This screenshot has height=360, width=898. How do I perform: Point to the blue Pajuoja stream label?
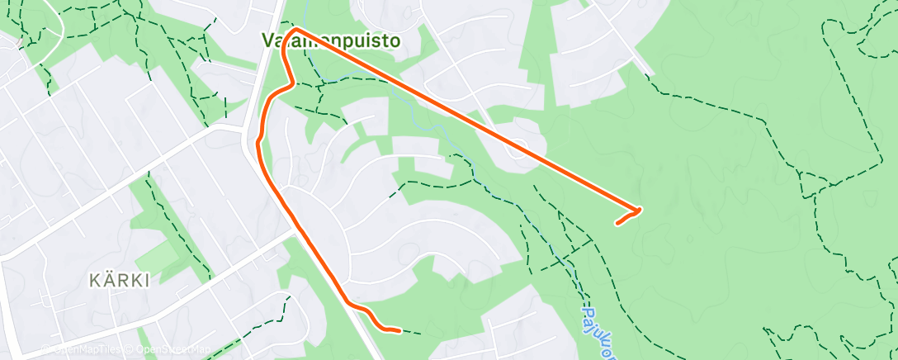pos(591,326)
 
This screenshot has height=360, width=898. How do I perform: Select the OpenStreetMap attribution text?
pos(169,349)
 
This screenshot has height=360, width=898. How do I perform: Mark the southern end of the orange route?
pos(399,331)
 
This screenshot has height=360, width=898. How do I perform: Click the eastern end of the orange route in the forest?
pos(617,223)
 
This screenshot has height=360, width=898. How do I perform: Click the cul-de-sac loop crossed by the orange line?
pos(518,149)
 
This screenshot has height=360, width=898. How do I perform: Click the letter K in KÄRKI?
pos(94,281)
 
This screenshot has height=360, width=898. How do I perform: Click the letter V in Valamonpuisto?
pos(268,40)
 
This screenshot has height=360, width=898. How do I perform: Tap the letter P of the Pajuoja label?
pos(588,313)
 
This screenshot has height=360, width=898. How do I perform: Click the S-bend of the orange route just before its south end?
pos(368,315)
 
